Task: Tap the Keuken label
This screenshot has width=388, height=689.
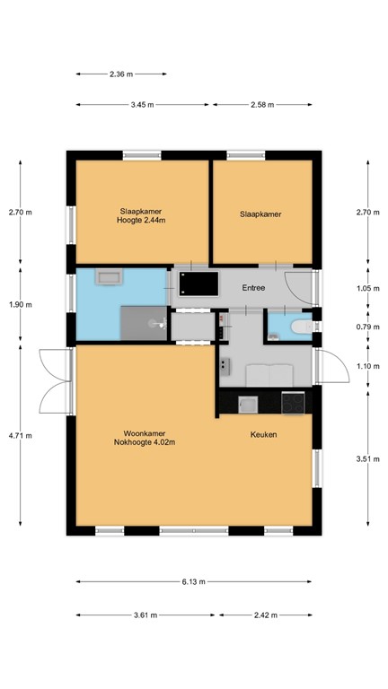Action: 263,435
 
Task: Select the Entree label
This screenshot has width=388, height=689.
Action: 256,287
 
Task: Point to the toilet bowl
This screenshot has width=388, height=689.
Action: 301,328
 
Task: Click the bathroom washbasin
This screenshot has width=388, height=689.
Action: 109,278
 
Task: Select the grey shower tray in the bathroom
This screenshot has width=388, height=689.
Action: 144,321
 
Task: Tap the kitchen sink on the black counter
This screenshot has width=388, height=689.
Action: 245,404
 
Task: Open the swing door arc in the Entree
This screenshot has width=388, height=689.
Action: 296,284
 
